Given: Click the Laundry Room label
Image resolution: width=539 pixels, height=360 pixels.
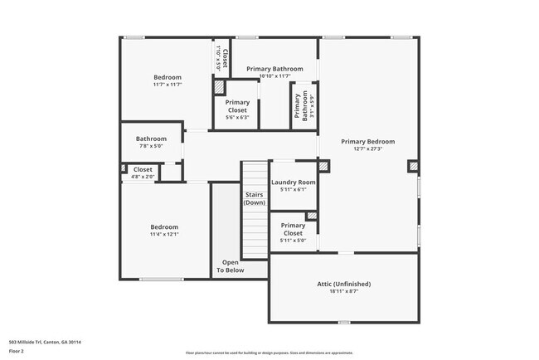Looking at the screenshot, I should pyautogui.click(x=293, y=182).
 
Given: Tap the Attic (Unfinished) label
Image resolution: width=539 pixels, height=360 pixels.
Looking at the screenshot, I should pyautogui.click(x=344, y=284).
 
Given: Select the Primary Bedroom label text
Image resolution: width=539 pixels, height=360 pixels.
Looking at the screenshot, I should pyautogui.click(x=368, y=141).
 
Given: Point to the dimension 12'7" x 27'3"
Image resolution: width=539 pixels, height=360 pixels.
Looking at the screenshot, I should pyautogui.click(x=368, y=149).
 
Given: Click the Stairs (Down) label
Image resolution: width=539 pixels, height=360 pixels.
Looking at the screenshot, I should pyautogui.click(x=255, y=198).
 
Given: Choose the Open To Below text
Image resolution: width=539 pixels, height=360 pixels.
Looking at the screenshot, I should pyautogui.click(x=231, y=266).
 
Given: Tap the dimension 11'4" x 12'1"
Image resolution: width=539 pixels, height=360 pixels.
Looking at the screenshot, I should pyautogui.click(x=164, y=234).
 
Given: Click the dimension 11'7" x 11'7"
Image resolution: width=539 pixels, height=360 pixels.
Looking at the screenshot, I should pyautogui.click(x=168, y=84).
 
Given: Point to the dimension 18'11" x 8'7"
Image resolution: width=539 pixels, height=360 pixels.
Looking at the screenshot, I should pyautogui.click(x=344, y=291).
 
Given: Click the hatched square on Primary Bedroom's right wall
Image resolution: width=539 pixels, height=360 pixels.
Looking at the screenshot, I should pyautogui.click(x=412, y=166).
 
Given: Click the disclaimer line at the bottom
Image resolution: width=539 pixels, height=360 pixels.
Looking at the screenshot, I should pyautogui.click(x=269, y=353).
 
